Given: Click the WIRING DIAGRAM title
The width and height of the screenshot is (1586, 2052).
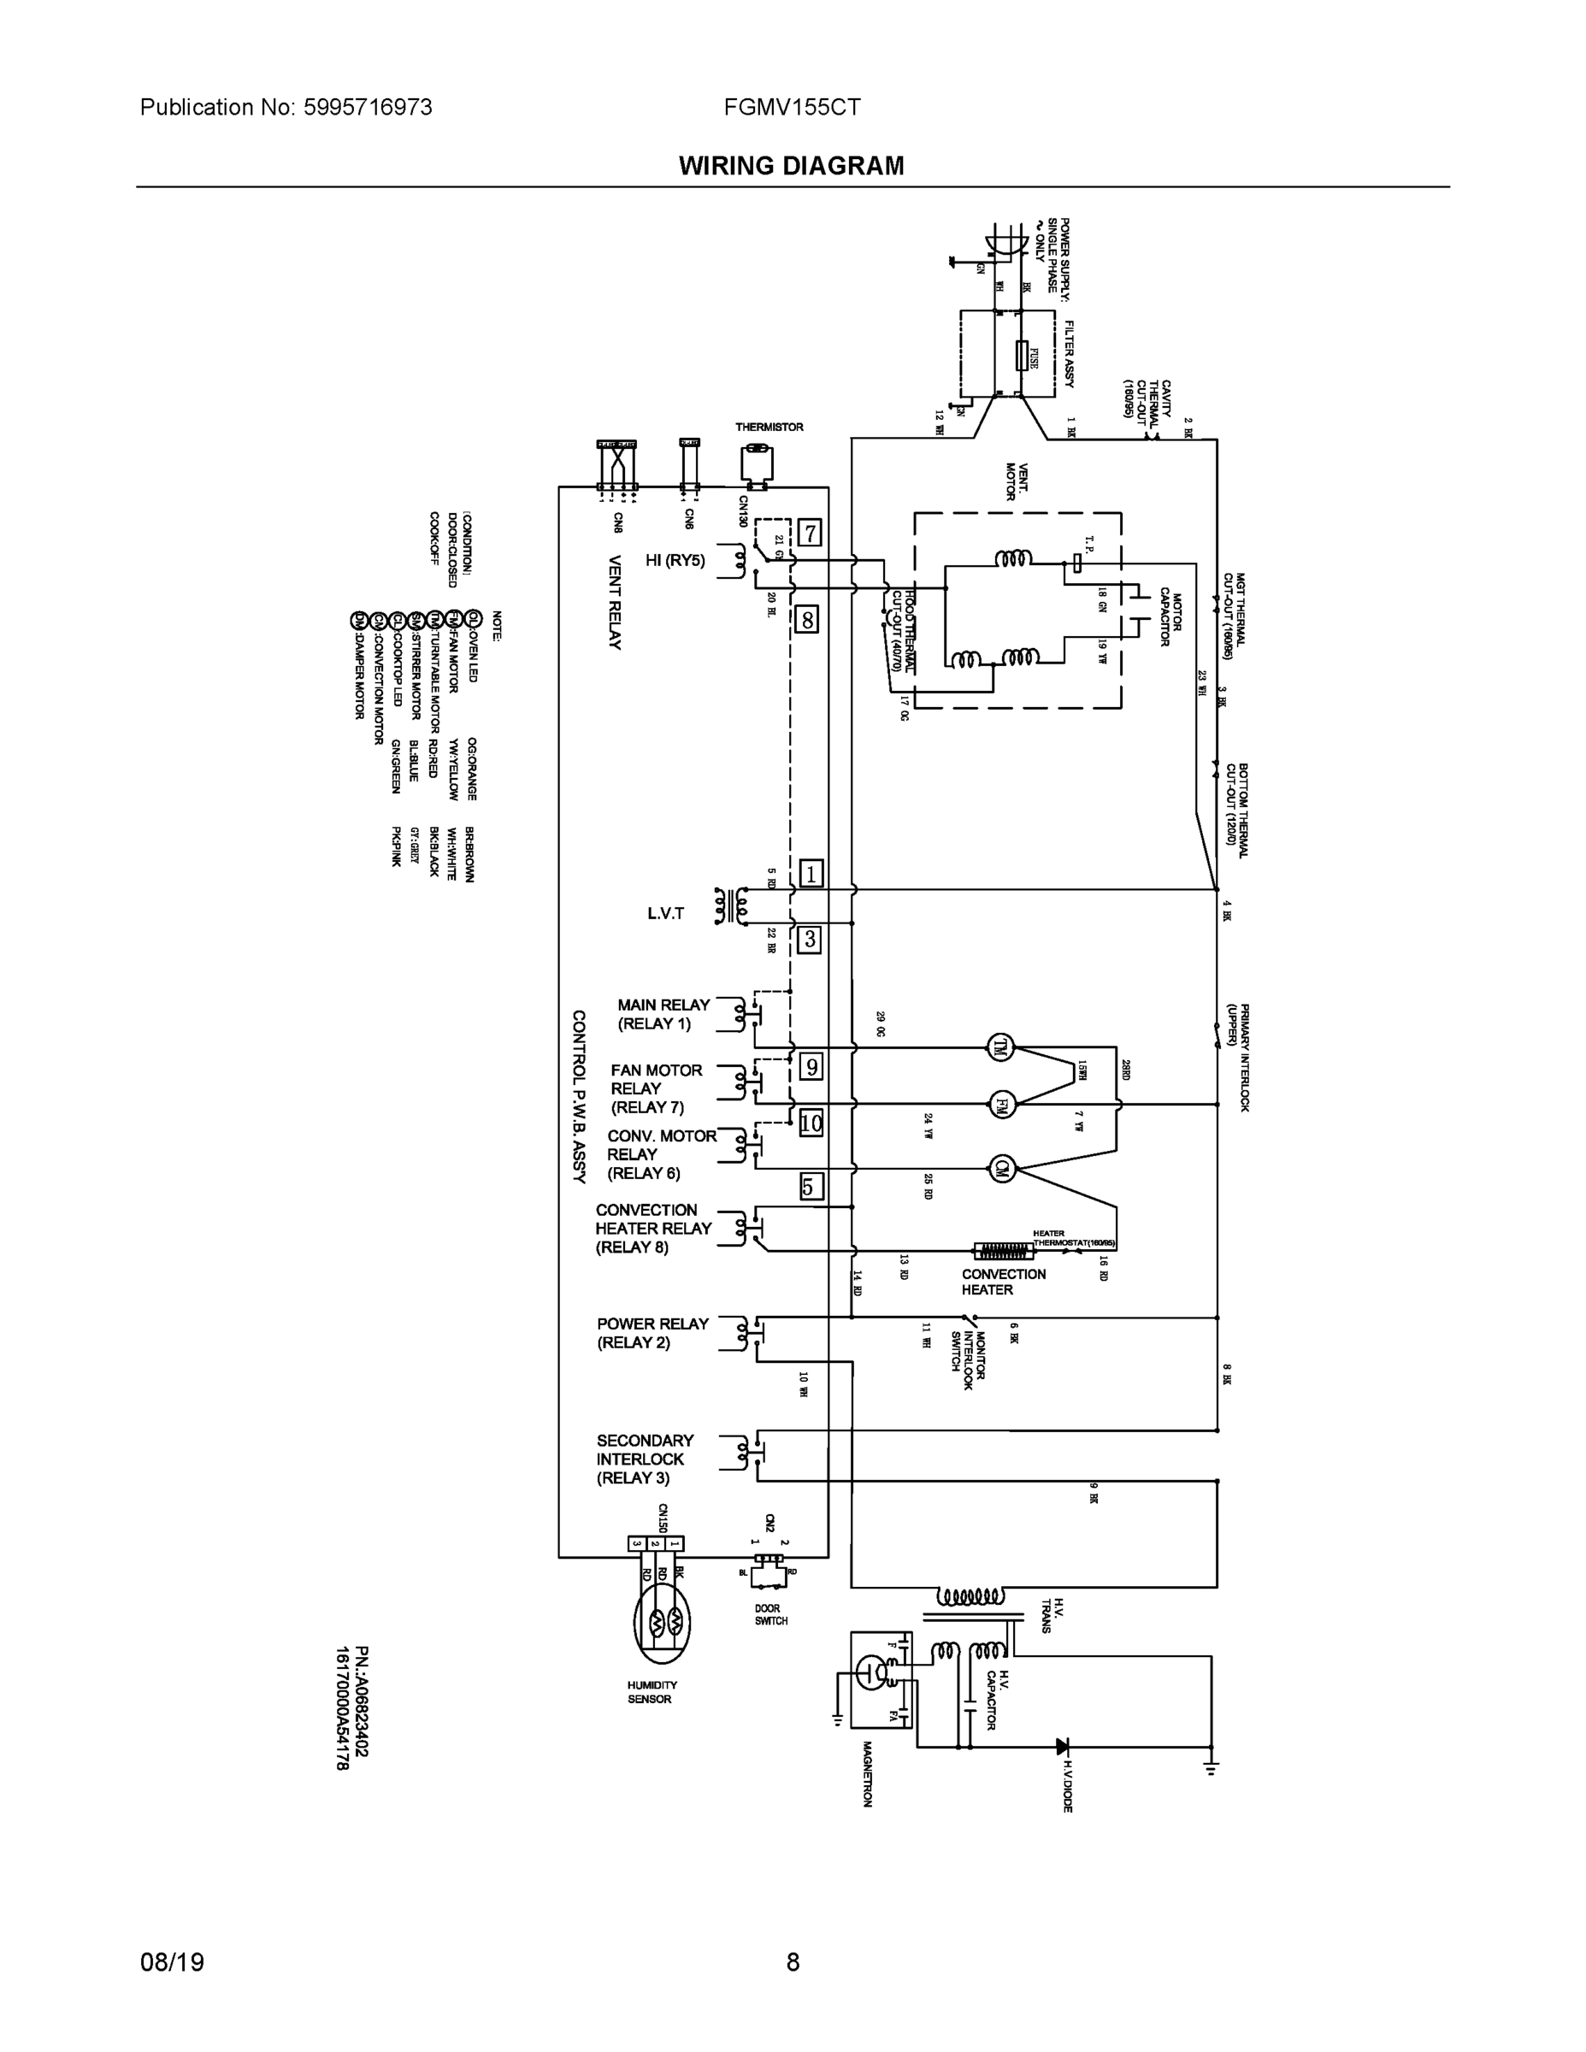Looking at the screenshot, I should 791,167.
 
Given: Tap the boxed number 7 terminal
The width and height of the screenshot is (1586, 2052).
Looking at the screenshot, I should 809,534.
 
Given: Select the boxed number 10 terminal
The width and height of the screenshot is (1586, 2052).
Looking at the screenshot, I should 810,1123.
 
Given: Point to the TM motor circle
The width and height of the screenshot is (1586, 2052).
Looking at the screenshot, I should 999,1047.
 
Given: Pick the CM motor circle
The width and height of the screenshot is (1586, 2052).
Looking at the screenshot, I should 1001,1169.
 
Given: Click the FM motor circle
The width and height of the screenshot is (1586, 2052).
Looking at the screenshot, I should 1001,1103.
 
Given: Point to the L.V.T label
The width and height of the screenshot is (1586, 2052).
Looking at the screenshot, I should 665,913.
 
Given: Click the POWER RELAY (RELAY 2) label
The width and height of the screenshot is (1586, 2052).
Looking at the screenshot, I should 652,1333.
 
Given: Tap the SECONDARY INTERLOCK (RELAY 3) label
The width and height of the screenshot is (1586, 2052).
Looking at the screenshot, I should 645,1459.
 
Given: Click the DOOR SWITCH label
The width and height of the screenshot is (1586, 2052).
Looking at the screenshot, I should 770,1614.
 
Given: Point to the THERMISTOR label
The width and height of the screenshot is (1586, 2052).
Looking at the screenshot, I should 769,427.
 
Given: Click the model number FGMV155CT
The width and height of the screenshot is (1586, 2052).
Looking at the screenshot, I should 792,107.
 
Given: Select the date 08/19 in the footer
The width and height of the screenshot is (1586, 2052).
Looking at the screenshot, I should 172,1962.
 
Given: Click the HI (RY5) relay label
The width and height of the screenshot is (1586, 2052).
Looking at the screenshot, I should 675,561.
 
